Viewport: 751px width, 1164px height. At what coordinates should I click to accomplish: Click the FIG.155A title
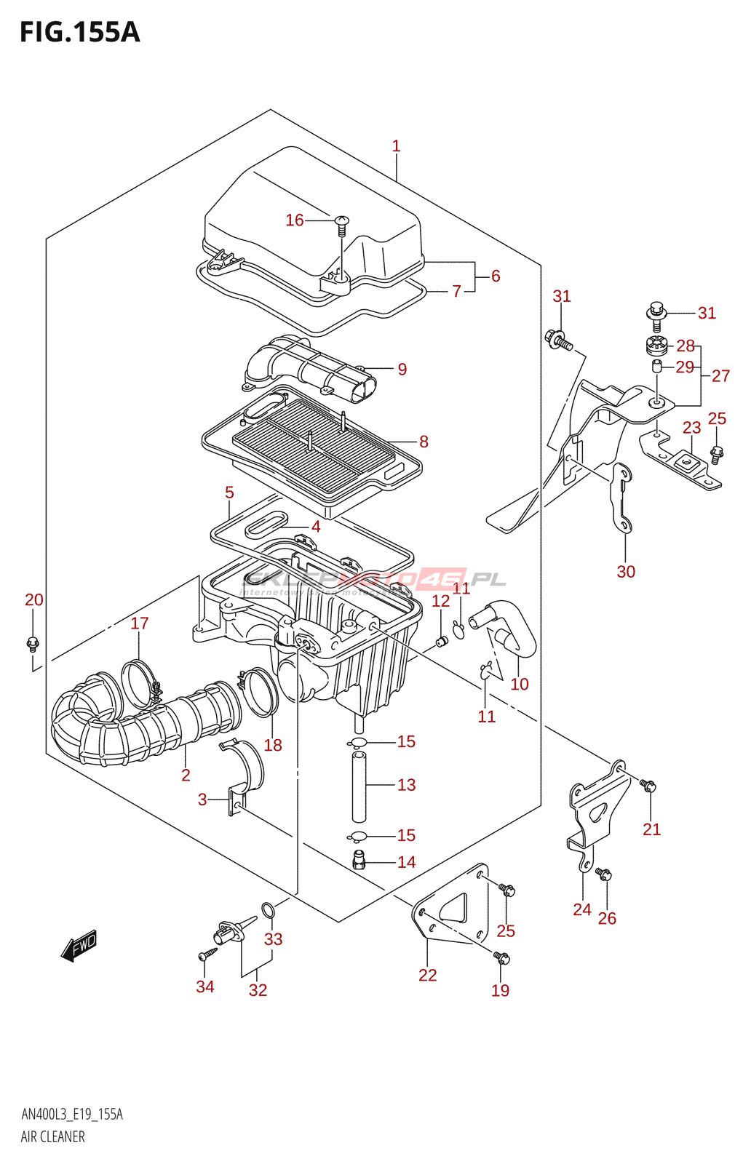[x=79, y=32]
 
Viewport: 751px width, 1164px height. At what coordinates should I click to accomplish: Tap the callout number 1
[x=396, y=146]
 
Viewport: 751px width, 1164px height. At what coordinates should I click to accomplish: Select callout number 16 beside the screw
[x=294, y=220]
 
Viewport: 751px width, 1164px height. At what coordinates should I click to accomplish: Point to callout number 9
[x=402, y=370]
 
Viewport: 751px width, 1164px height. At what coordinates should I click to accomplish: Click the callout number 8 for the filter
[x=424, y=442]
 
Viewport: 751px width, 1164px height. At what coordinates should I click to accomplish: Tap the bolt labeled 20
[x=32, y=643]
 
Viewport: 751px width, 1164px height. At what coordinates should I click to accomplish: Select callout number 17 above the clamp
[x=140, y=623]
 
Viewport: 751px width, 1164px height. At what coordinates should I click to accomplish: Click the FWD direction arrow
[x=79, y=946]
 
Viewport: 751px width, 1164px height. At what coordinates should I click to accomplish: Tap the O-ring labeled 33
[x=268, y=909]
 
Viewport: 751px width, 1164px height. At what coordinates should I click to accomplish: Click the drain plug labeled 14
[x=358, y=860]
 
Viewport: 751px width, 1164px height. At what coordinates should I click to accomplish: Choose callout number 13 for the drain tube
[x=407, y=785]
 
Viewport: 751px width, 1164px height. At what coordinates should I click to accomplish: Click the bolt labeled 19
[x=502, y=959]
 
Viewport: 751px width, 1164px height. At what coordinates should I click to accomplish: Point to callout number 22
[x=427, y=976]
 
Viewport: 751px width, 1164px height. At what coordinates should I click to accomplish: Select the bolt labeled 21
[x=649, y=786]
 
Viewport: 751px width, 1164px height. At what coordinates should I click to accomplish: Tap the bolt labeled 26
[x=604, y=874]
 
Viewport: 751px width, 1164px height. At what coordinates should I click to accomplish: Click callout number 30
[x=626, y=572]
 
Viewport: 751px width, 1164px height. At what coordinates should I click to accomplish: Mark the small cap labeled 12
[x=441, y=641]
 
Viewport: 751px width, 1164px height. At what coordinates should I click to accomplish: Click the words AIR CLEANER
[x=52, y=1137]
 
